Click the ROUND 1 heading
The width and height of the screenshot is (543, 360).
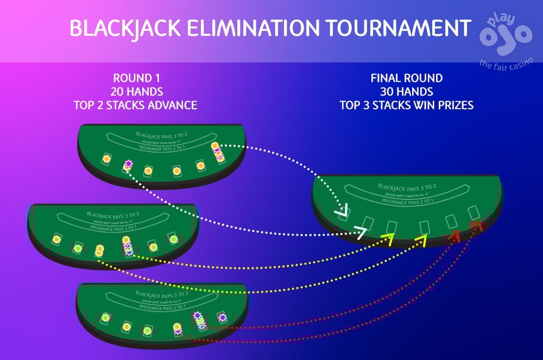click(x=135, y=78)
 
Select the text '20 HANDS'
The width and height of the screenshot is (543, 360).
click(x=135, y=91)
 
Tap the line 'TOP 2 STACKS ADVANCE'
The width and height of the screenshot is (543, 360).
click(x=135, y=105)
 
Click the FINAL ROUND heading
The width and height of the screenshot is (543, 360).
click(x=406, y=78)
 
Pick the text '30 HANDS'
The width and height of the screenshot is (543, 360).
click(x=406, y=91)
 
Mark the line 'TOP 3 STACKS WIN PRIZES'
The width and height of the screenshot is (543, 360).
click(x=406, y=105)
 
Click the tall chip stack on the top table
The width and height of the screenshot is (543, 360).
click(x=217, y=153)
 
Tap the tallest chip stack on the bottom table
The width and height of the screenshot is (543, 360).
click(x=199, y=321)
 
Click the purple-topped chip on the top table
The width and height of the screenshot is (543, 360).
click(x=128, y=163)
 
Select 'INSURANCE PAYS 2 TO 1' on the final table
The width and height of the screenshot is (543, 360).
click(x=406, y=201)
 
